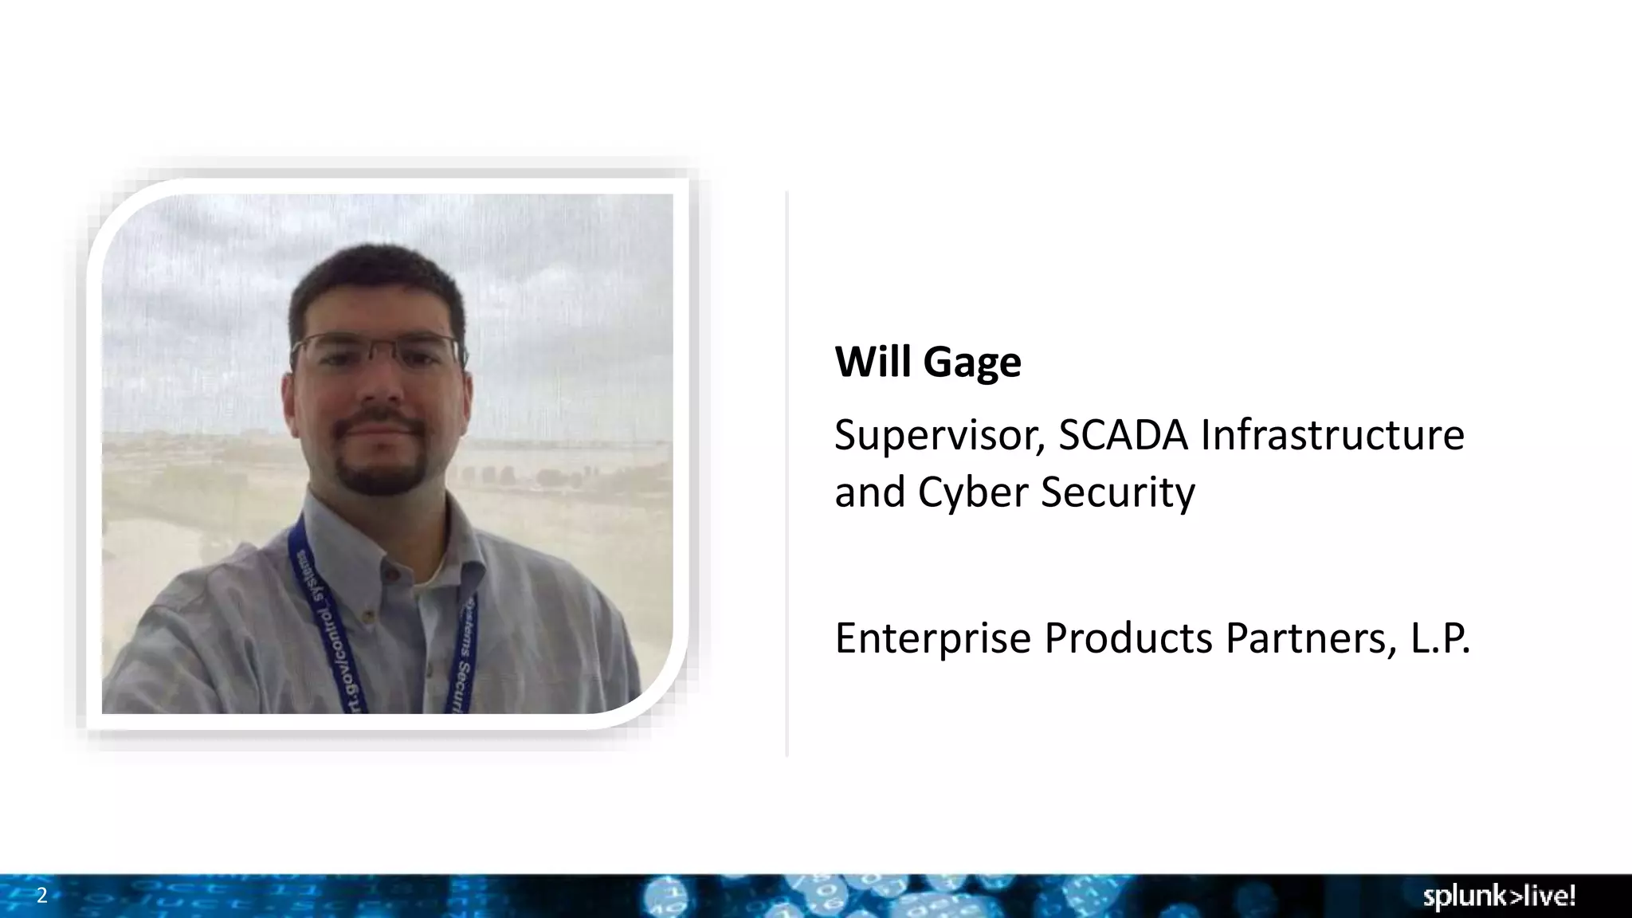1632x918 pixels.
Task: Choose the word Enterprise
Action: [x=932, y=638]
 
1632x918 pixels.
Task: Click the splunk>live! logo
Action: [x=1498, y=896]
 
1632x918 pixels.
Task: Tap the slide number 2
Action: [x=42, y=896]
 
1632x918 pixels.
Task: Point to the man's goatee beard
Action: [x=379, y=466]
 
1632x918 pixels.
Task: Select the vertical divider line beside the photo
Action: [x=787, y=474]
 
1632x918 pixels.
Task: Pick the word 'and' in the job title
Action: [x=869, y=492]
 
